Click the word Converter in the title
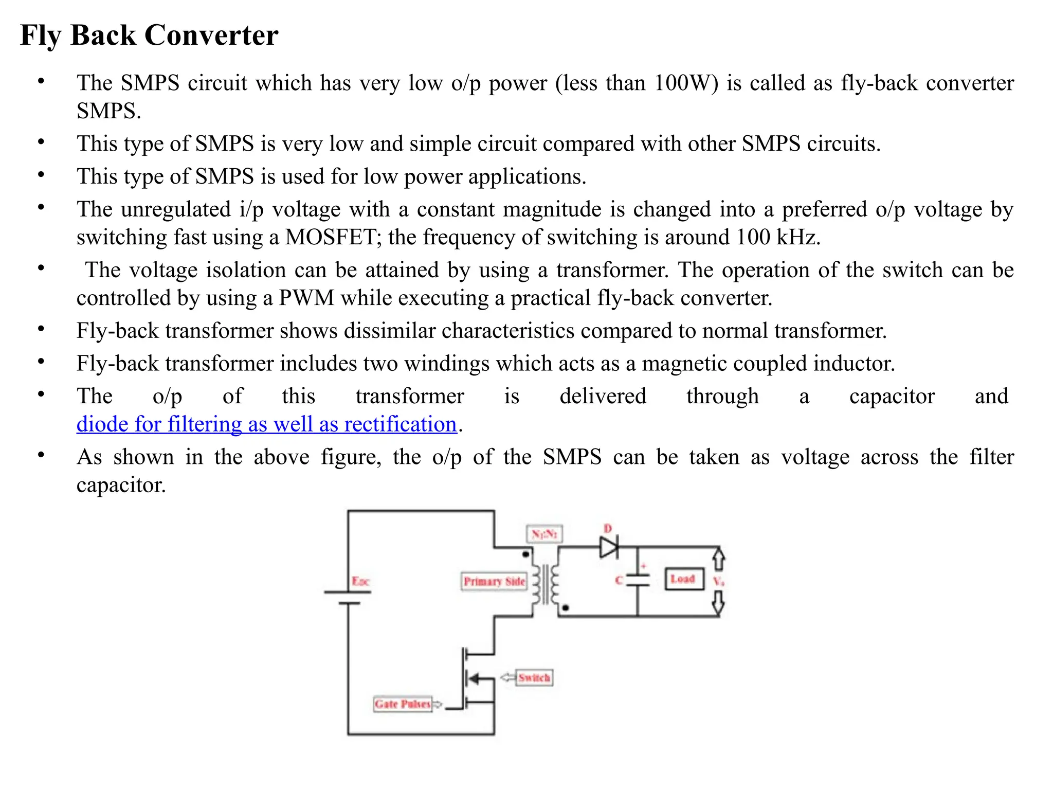[x=211, y=35]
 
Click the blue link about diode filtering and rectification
[x=266, y=425]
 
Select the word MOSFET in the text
[x=330, y=238]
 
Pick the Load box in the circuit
[x=683, y=579]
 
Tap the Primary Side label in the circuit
[x=494, y=581]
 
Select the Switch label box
[x=534, y=677]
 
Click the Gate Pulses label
[x=402, y=704]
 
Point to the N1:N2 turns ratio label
[x=544, y=533]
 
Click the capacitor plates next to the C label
[x=638, y=580]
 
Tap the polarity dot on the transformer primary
[x=525, y=554]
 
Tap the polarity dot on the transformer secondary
[x=566, y=608]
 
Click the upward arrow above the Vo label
[x=719, y=559]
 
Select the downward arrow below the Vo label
[x=719, y=603]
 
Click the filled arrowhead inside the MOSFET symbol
[x=474, y=678]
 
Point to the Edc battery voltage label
[x=360, y=581]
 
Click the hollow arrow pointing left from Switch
[x=507, y=677]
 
